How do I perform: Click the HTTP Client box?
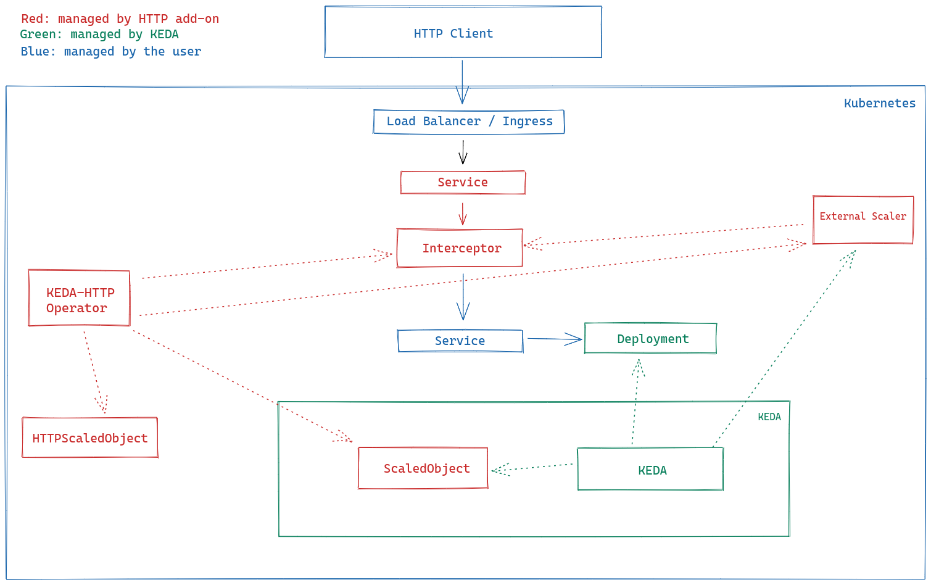coord(463,32)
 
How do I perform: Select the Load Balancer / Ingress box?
coord(469,122)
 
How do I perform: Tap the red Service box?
coord(463,183)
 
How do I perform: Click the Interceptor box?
coord(460,248)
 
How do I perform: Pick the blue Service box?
coord(460,341)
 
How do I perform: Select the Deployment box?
coord(650,339)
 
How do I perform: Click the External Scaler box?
coord(863,220)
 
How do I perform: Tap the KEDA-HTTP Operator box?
coord(79,299)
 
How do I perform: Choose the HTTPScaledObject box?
coord(90,438)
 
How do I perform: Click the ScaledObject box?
coord(423,468)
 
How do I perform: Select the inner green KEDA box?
coord(650,470)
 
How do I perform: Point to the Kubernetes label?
coord(879,103)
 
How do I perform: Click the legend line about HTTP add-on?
coord(120,19)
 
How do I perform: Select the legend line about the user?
coord(110,51)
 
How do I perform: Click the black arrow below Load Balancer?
coord(463,152)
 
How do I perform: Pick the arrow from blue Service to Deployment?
coord(554,338)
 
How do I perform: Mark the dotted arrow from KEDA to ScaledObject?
coord(532,468)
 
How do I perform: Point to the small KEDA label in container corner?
coord(769,417)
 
